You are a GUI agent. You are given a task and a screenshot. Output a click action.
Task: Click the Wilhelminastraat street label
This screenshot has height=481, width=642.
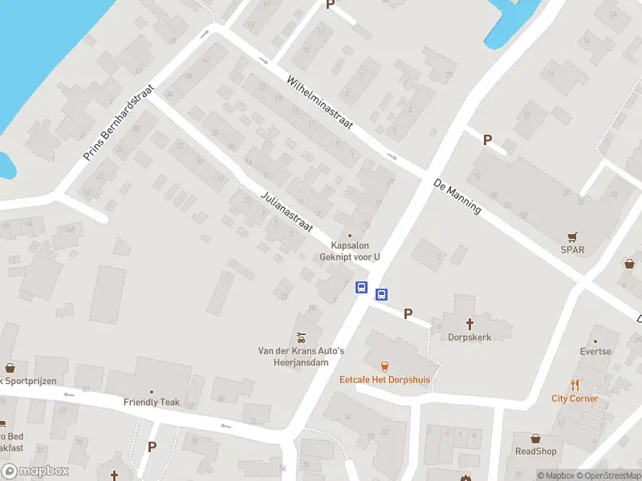(x=320, y=103)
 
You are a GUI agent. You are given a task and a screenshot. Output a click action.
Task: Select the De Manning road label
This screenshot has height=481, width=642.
(x=457, y=196)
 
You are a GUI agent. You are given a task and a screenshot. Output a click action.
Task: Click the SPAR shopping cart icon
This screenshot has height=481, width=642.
(x=572, y=236)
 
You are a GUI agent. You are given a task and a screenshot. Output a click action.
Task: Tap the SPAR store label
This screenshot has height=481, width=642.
(x=572, y=249)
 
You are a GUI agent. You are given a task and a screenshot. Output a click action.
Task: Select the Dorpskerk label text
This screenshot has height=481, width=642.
(x=469, y=338)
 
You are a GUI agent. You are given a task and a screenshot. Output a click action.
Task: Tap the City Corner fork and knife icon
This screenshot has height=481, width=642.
(x=575, y=385)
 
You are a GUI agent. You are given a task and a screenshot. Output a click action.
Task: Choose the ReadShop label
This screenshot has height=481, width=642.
(x=535, y=451)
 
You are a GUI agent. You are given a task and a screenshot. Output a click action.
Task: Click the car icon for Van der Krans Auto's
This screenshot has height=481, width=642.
(x=300, y=338)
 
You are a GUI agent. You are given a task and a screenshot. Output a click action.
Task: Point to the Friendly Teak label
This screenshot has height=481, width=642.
(x=151, y=402)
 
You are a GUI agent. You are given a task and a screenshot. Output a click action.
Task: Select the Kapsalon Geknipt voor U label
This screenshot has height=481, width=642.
(x=350, y=251)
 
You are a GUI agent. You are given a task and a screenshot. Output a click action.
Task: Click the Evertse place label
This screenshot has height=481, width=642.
(x=595, y=351)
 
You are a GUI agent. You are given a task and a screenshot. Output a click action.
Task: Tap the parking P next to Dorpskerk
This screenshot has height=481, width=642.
(x=408, y=313)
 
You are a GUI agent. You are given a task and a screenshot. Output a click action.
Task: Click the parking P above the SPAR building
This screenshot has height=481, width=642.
(x=487, y=139)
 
